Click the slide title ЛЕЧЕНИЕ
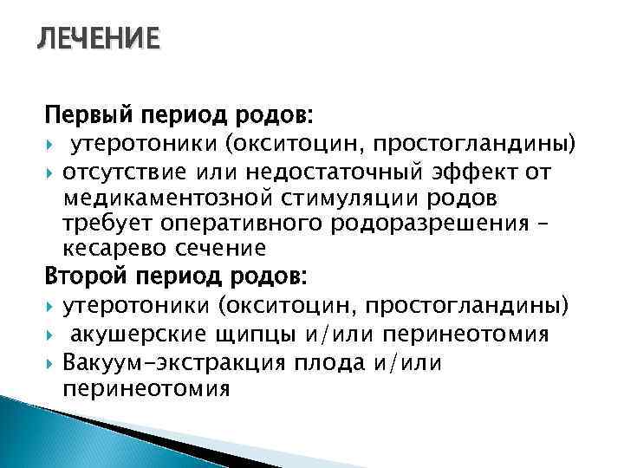97,40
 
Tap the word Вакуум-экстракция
177,362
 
